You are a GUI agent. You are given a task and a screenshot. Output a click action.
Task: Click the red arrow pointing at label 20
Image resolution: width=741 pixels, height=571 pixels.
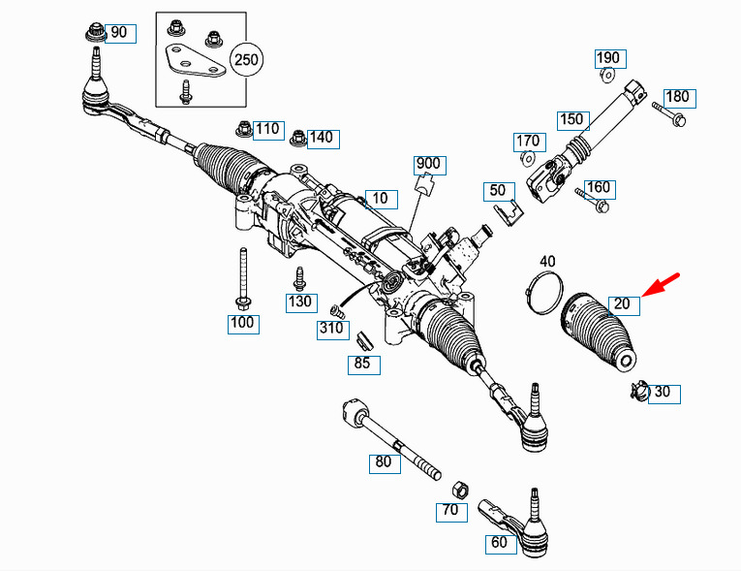pos(661,285)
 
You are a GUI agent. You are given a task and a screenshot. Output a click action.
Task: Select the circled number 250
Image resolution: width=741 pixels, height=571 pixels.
pos(246,60)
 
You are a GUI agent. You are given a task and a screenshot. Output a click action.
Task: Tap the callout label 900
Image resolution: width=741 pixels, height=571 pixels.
pos(429,165)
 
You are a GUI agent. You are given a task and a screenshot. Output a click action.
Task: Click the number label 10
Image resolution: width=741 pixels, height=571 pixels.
pos(382,199)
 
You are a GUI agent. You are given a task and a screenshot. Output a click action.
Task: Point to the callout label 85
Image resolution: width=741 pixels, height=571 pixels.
pos(364,365)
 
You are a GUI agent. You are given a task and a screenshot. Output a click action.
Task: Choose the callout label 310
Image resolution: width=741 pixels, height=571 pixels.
pos(332,330)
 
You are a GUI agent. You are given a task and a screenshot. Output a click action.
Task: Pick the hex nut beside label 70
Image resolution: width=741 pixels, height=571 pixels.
pos(460,490)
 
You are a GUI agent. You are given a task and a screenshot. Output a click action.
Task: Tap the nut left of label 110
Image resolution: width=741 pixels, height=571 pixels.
pos(244,129)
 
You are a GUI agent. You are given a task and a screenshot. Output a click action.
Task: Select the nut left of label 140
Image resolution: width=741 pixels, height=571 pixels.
pos(298,138)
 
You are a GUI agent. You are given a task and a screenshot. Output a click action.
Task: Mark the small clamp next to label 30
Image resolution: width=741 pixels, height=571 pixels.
pos(638,390)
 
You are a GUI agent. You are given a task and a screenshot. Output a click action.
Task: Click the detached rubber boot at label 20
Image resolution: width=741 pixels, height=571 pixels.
pos(599,332)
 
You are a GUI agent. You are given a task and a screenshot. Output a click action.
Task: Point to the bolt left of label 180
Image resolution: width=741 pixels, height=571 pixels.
pos(669,113)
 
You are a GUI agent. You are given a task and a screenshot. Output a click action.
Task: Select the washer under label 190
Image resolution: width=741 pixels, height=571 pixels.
pos(607,75)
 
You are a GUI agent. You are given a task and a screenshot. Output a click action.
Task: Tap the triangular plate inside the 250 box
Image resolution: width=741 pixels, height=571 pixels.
pos(193,60)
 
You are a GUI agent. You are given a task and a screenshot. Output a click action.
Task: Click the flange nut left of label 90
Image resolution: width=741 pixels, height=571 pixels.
pos(96,32)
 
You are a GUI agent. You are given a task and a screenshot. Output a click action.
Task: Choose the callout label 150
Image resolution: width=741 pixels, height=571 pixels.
pos(573,120)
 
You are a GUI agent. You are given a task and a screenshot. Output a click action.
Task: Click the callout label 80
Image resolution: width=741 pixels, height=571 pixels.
pos(385,463)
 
